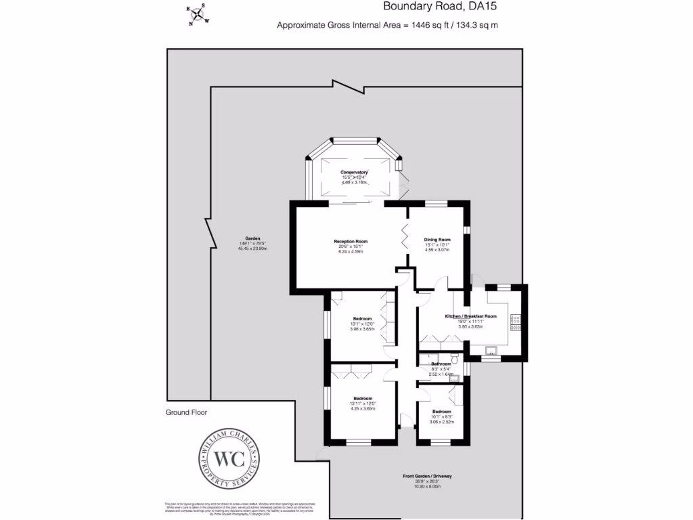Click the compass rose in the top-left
198,14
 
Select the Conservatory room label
354,173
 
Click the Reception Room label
351,241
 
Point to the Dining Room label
437,240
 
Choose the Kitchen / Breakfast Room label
470,316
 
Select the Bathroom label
441,364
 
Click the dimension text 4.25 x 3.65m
362,408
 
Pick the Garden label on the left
253,238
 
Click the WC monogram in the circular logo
228,458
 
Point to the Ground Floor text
187,412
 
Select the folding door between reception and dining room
406,238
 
